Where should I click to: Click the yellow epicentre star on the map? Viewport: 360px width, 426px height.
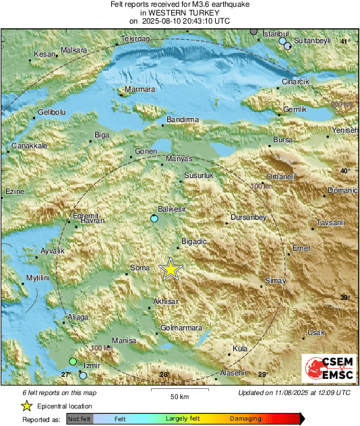click(171, 269)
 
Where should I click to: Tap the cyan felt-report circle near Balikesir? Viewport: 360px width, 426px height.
click(154, 219)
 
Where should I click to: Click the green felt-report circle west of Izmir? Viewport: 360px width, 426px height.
click(73, 363)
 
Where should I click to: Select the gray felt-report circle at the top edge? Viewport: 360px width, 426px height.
click(253, 31)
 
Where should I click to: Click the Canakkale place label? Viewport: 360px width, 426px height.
click(28, 146)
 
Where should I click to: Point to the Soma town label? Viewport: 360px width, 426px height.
click(139, 268)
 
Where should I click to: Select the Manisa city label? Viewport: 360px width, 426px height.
click(123, 340)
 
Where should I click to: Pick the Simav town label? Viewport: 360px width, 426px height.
click(276, 280)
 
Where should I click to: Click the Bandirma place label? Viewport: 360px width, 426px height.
click(183, 119)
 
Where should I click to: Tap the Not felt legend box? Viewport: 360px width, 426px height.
click(80, 419)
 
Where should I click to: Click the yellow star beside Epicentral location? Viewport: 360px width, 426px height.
click(26, 406)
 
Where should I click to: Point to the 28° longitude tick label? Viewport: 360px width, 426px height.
click(163, 374)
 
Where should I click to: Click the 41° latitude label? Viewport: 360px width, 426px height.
click(344, 42)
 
